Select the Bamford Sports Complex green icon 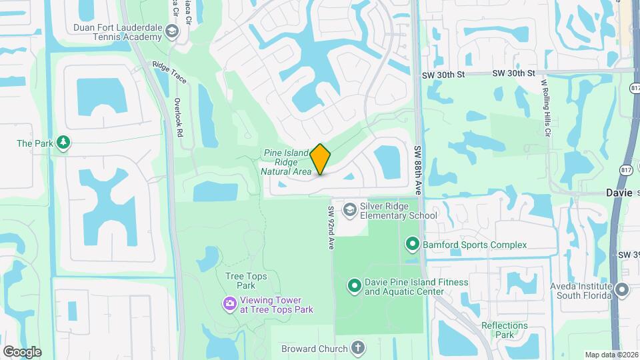(x=412, y=245)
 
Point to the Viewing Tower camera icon (x=229, y=305)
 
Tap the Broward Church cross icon (x=358, y=348)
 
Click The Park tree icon (x=63, y=143)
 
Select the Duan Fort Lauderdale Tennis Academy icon (x=172, y=32)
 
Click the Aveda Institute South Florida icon (x=622, y=290)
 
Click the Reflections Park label (x=505, y=331)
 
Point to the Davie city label (x=619, y=192)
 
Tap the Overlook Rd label (x=178, y=117)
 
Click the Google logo (x=22, y=351)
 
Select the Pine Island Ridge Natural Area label (x=287, y=162)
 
